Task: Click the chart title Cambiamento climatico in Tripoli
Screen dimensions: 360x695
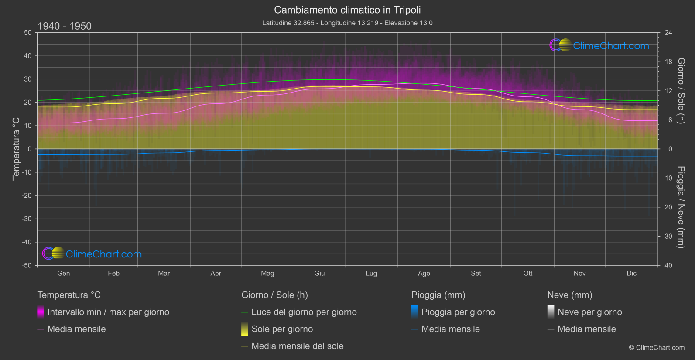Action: coord(347,10)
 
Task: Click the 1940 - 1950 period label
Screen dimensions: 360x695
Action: coord(65,26)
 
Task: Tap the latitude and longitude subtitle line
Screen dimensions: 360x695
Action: coord(347,23)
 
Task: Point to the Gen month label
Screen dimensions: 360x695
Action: coord(64,274)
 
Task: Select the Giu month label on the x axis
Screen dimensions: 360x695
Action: coord(319,274)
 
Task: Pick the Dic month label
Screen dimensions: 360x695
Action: coord(631,274)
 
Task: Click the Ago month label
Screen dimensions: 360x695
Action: coord(424,274)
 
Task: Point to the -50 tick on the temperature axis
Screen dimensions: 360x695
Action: coord(27,265)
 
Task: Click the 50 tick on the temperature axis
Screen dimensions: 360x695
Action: coord(28,33)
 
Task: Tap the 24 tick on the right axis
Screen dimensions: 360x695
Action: coord(668,33)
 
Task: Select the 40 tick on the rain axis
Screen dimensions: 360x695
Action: coord(668,265)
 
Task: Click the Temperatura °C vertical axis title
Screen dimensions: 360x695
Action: coord(16,149)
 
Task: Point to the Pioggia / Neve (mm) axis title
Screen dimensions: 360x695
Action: coord(681,207)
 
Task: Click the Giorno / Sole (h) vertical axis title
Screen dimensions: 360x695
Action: coord(681,91)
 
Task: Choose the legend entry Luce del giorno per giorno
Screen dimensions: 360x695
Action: coord(304,312)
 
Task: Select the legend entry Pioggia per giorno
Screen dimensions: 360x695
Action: coord(458,312)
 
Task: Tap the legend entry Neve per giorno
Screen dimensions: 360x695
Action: coord(589,312)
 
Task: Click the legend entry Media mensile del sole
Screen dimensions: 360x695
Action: coord(297,346)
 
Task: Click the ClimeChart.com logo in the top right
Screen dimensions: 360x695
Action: coord(599,45)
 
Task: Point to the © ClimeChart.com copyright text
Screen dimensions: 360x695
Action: coord(657,348)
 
